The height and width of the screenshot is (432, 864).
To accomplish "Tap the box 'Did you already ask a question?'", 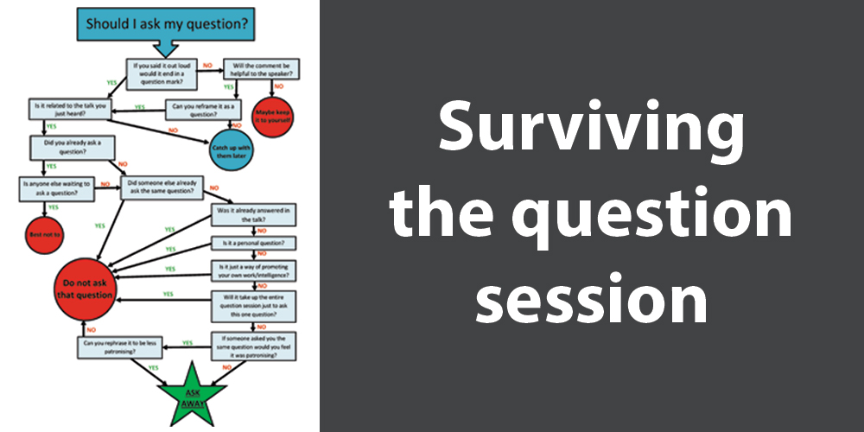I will (x=72, y=146).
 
